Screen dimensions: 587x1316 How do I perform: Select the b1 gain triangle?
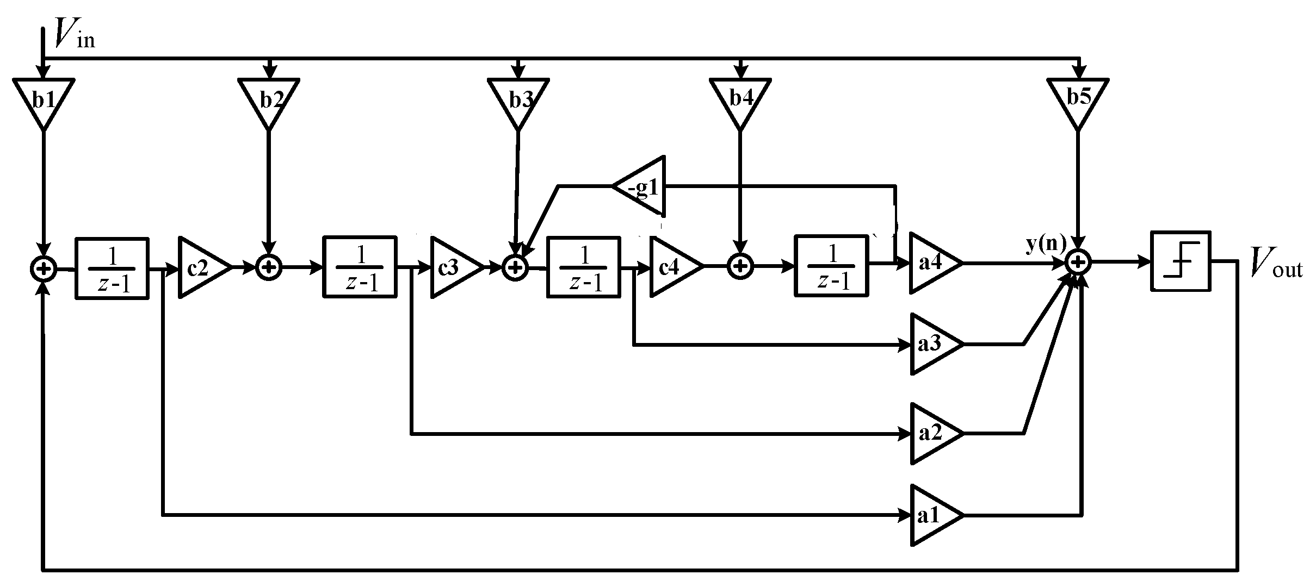click(44, 101)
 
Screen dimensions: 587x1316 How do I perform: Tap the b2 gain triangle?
click(269, 101)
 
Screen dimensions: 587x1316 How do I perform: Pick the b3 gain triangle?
click(518, 101)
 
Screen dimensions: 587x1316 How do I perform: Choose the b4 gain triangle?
click(740, 101)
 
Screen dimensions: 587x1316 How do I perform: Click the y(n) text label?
click(1046, 245)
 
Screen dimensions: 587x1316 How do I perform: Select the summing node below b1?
click(44, 268)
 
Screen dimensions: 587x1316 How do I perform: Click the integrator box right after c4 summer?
click(831, 266)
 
